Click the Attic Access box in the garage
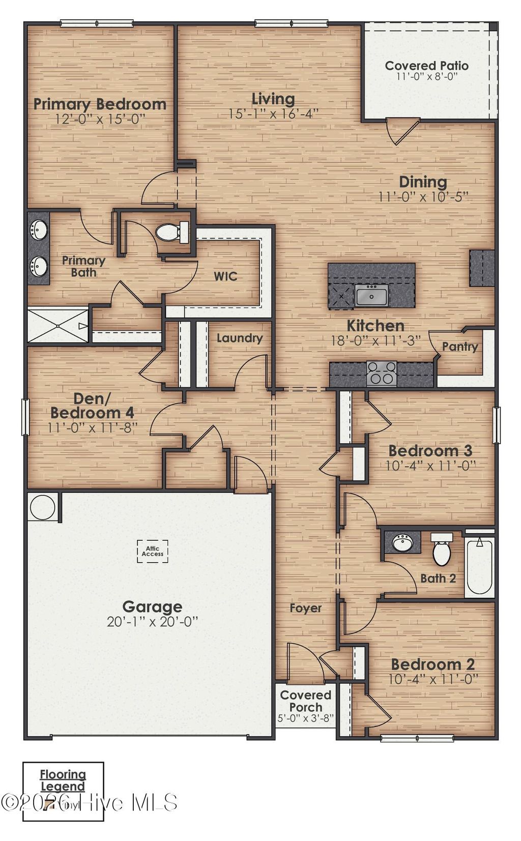click(x=152, y=551)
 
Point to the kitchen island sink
click(x=372, y=295)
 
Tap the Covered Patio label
click(x=426, y=66)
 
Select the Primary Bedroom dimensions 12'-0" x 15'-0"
click(x=100, y=119)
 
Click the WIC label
click(x=225, y=276)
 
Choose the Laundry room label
click(x=240, y=338)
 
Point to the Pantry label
click(x=459, y=347)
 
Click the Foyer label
click(x=305, y=608)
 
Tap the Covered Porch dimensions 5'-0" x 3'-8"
click(x=305, y=719)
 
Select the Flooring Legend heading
click(x=63, y=780)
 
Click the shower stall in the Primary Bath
click(x=57, y=325)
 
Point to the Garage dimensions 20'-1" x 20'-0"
click(x=152, y=622)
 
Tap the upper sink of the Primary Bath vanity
click(x=38, y=230)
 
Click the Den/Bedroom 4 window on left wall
click(x=25, y=417)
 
